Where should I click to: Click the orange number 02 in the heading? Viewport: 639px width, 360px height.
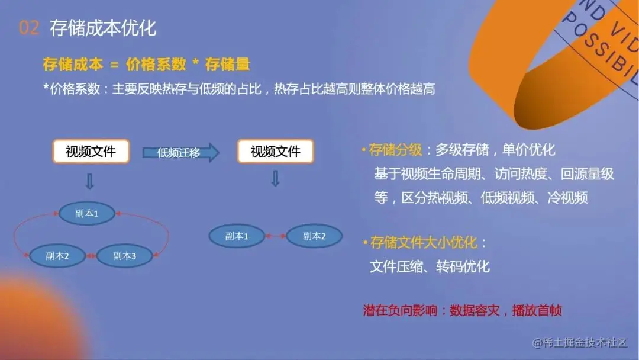click(x=28, y=28)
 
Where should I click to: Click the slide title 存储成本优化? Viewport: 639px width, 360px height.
click(x=103, y=28)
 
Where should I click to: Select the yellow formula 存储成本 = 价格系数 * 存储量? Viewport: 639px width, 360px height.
click(x=146, y=65)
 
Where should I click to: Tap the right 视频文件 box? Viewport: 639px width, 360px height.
click(x=275, y=152)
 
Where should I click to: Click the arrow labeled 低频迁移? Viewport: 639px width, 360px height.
click(x=180, y=153)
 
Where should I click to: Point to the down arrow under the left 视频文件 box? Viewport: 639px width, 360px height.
click(x=90, y=181)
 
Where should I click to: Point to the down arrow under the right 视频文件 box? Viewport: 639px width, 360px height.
click(x=275, y=178)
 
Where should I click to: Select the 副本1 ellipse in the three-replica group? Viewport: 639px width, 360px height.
click(x=87, y=214)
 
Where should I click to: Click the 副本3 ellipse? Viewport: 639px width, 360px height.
click(x=124, y=256)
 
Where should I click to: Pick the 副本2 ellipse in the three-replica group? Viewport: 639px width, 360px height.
click(x=57, y=256)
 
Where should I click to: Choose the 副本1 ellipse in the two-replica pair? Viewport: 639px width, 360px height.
click(x=237, y=236)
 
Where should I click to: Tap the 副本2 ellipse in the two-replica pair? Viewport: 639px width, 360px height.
click(x=314, y=236)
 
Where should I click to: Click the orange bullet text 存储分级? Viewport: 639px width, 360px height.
click(x=395, y=150)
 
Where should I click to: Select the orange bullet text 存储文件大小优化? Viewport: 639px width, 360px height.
click(x=424, y=242)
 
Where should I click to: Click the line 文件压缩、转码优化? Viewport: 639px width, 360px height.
click(x=430, y=266)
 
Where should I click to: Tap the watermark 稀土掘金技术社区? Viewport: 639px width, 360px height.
click(x=580, y=342)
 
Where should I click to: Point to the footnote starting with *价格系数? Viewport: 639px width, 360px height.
click(x=239, y=89)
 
